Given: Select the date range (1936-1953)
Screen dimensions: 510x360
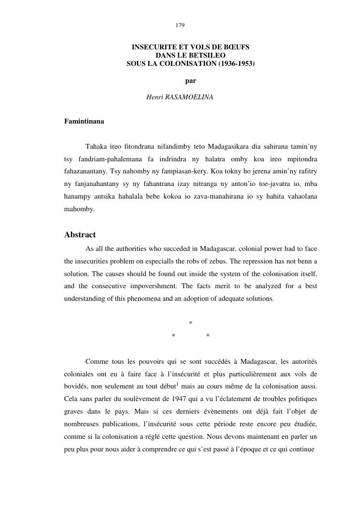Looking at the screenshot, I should [x=235, y=63].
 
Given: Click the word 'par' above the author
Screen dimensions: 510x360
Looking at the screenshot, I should [x=190, y=80].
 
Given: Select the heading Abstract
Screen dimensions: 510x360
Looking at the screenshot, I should [x=80, y=235].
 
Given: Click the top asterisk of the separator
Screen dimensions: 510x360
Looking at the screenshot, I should [x=191, y=324].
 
